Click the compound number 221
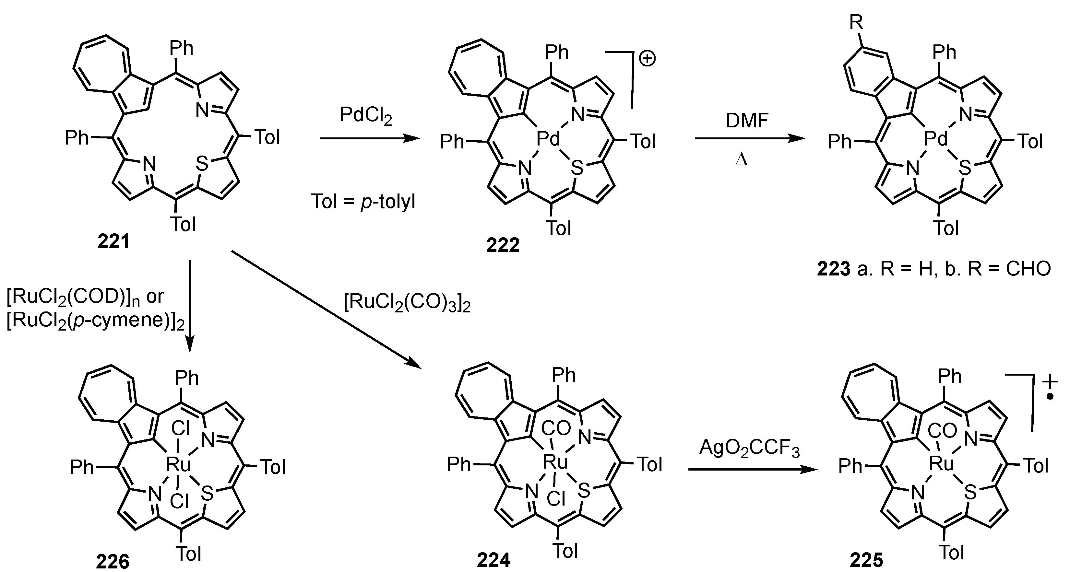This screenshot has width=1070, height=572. coord(113,241)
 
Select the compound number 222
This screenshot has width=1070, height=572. coord(503,245)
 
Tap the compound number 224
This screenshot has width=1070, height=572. coord(493,560)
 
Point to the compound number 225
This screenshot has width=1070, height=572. coord(866,560)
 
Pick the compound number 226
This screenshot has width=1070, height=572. coord(113,562)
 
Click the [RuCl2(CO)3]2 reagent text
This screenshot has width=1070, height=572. coord(407,304)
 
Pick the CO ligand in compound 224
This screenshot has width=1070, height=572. coord(557,428)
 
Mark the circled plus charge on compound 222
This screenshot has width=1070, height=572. coord(647,59)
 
